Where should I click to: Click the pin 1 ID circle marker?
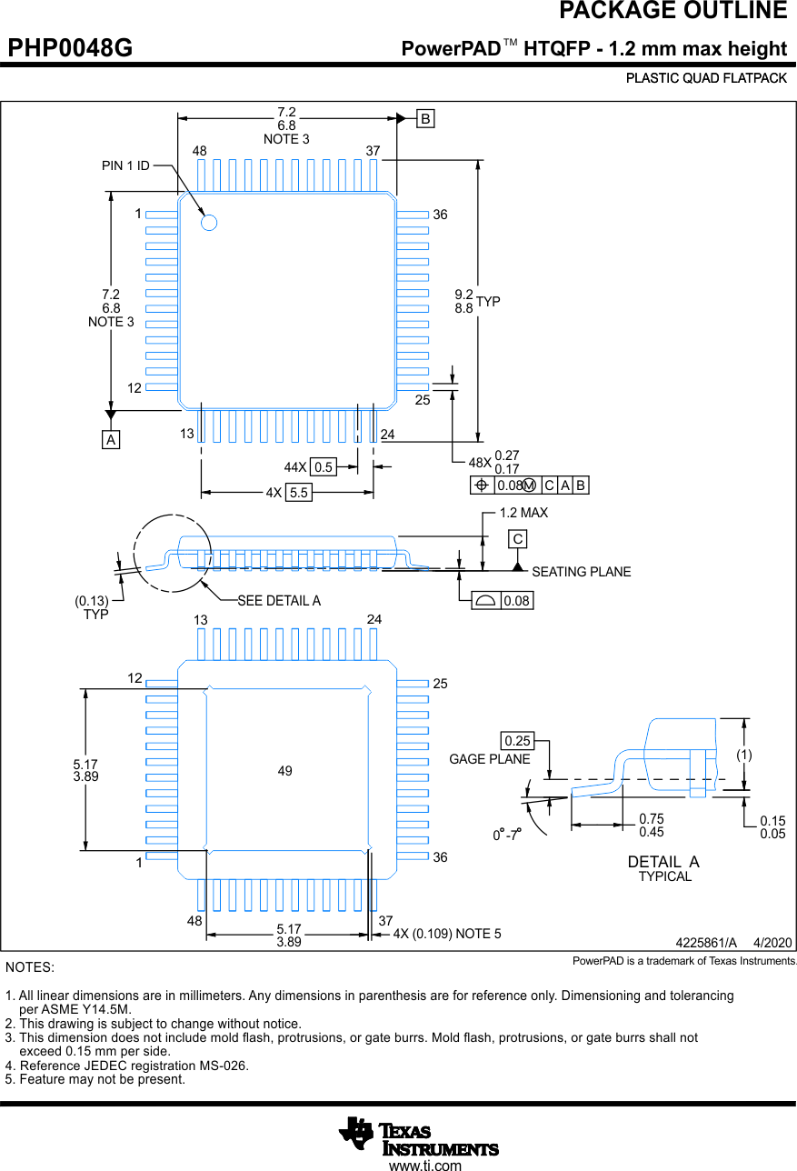tap(209, 221)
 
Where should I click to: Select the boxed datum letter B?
tap(425, 118)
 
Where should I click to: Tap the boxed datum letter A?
tap(111, 440)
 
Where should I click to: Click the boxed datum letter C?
tap(517, 539)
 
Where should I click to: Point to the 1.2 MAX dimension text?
tap(523, 513)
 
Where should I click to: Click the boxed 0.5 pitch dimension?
tap(323, 467)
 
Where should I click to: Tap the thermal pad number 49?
tap(285, 771)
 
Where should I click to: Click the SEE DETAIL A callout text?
tap(279, 601)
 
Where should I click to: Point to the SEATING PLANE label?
tap(581, 572)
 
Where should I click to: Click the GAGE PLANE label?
tap(490, 759)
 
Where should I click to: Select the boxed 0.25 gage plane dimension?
tap(517, 741)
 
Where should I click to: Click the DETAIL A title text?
tap(663, 862)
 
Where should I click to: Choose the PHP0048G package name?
tap(71, 48)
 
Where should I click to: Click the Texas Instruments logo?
tap(419, 1136)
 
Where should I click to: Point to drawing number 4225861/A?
tap(705, 943)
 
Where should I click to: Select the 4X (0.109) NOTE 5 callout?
tap(447, 934)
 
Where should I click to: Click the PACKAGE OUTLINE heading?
tap(672, 11)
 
